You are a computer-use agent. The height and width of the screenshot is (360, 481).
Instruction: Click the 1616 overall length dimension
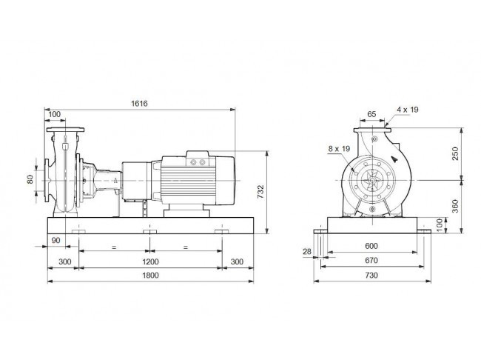tap(139, 104)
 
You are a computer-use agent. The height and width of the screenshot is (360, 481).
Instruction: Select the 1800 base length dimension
tap(150, 276)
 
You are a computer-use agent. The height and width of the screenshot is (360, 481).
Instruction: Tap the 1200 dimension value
tap(150, 261)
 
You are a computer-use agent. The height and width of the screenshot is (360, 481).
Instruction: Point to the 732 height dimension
tap(260, 191)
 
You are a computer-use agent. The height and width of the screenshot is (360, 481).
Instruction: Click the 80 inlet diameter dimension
tap(30, 179)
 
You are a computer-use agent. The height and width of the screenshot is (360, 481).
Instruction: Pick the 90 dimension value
tap(55, 240)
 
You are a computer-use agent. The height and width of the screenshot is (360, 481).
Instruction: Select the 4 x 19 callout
tap(408, 110)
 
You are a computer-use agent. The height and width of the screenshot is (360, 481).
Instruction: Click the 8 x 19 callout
tap(339, 149)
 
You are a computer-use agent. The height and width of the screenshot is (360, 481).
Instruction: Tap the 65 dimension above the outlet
tap(371, 114)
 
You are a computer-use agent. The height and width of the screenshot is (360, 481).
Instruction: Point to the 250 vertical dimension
tap(455, 153)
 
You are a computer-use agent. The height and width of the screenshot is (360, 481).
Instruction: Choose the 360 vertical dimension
tap(455, 206)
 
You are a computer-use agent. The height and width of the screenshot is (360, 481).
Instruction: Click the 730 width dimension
tap(371, 276)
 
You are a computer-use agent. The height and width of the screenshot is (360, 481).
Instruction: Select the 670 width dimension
tap(371, 261)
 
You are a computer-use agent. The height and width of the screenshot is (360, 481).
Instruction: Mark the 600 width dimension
tap(371, 246)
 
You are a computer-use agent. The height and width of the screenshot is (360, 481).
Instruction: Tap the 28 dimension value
tap(307, 252)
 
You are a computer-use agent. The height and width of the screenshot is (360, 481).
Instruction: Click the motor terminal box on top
tap(198, 159)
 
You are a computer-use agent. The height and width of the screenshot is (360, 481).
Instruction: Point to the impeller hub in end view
tap(371, 180)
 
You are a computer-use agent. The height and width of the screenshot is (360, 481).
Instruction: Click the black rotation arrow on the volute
tap(395, 159)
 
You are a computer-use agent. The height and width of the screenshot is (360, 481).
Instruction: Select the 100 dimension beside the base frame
tap(440, 225)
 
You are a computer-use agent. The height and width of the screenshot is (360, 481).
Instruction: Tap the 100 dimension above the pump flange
tap(55, 114)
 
